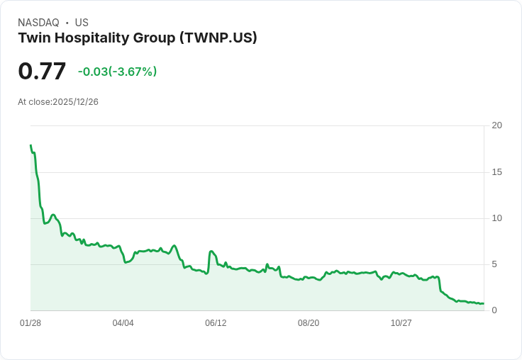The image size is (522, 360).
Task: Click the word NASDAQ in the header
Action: click(38, 23)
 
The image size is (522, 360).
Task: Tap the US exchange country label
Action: click(82, 23)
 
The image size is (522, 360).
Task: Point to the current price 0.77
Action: click(42, 71)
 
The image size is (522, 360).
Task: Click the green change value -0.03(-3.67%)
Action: click(117, 72)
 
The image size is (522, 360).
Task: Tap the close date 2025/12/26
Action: click(75, 102)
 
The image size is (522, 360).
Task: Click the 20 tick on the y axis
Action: click(497, 125)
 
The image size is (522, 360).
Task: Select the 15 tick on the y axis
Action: click(497, 172)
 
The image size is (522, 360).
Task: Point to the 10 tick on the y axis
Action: click(497, 218)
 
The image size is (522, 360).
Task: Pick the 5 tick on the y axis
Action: click(494, 264)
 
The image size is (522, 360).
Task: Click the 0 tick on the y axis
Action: click(494, 310)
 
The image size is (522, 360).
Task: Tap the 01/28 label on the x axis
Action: click(30, 323)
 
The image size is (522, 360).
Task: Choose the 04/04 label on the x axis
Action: click(123, 323)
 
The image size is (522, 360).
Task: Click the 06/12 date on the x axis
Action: click(216, 323)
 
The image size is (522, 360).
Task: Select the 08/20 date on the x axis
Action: click(309, 323)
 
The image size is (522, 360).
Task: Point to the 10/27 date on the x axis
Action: click(401, 323)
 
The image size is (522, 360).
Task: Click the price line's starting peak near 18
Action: click(30, 145)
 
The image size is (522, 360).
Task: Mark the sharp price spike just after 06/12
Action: click(211, 252)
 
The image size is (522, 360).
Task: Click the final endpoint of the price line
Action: click(483, 303)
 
